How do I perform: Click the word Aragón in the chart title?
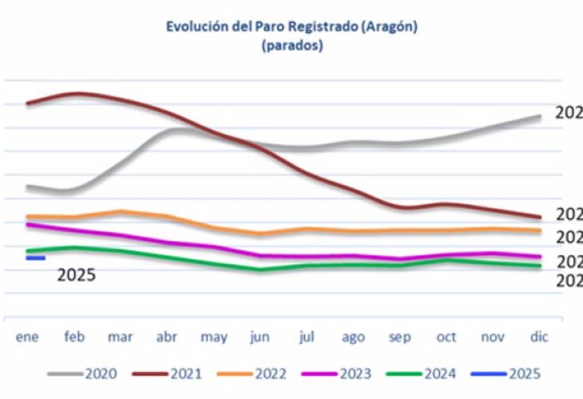pos(391,27)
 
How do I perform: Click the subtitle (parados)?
pos(292,46)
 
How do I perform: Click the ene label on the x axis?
pos(28,338)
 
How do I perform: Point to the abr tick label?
pos(167,338)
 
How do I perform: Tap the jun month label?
pos(260,338)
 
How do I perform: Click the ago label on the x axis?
pos(353,338)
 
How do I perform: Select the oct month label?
pos(446,338)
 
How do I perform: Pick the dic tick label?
pos(540,338)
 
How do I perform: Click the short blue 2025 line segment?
pos(36,258)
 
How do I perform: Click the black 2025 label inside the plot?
pos(77,275)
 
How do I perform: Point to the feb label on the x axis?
pos(74,338)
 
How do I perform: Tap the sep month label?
pos(399,338)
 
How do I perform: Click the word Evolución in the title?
pos(196,27)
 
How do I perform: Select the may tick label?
pos(214,338)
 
